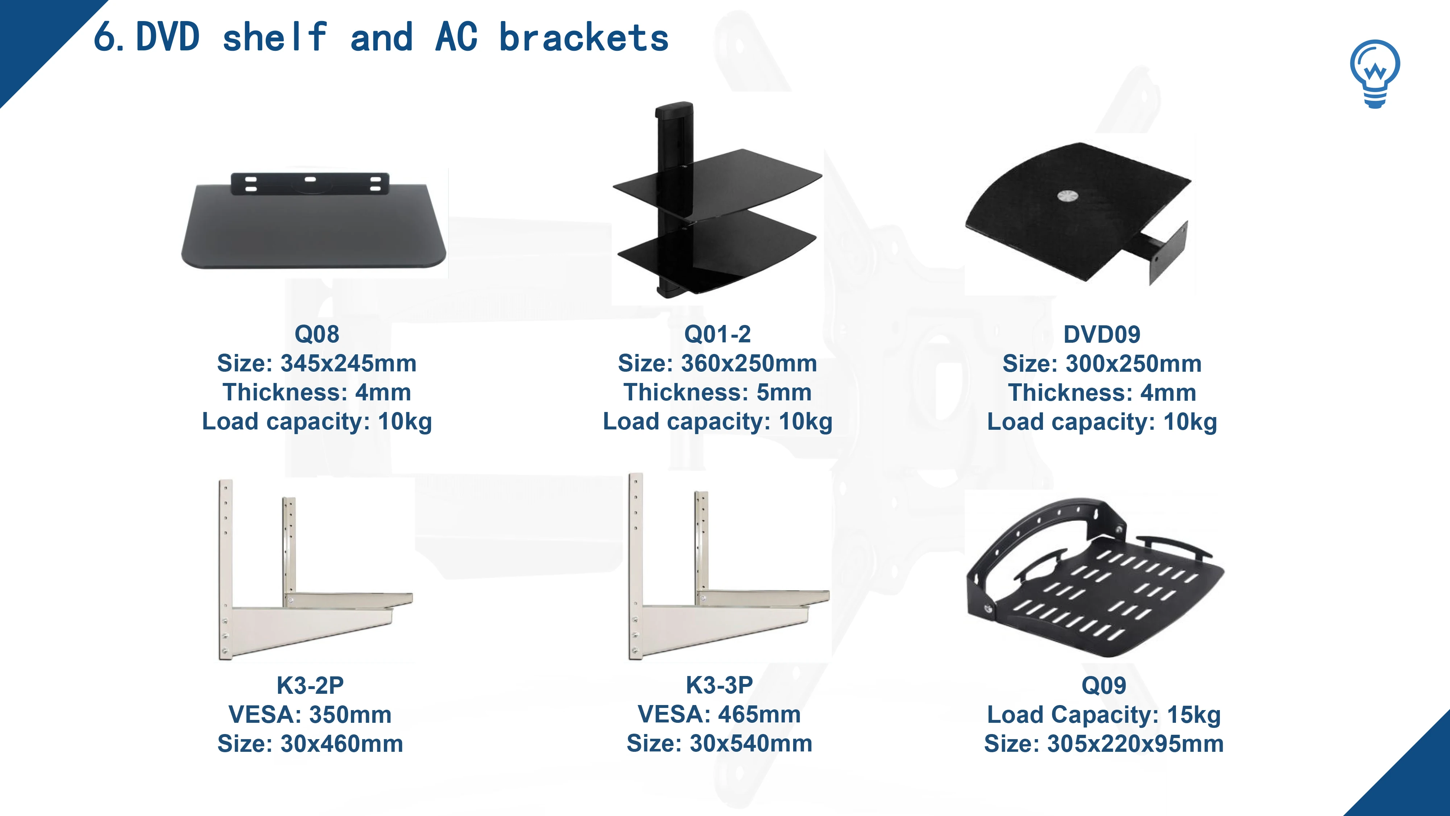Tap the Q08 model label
pyautogui.click(x=317, y=334)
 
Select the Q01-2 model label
pyautogui.click(x=717, y=334)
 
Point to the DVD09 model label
pyautogui.click(x=1102, y=334)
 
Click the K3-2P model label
pyautogui.click(x=310, y=685)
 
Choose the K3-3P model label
pyautogui.click(x=719, y=685)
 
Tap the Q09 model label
pyautogui.click(x=1103, y=685)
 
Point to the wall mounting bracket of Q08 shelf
pyautogui.click(x=310, y=183)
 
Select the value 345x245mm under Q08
pyautogui.click(x=348, y=363)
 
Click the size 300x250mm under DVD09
pyautogui.click(x=1134, y=364)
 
